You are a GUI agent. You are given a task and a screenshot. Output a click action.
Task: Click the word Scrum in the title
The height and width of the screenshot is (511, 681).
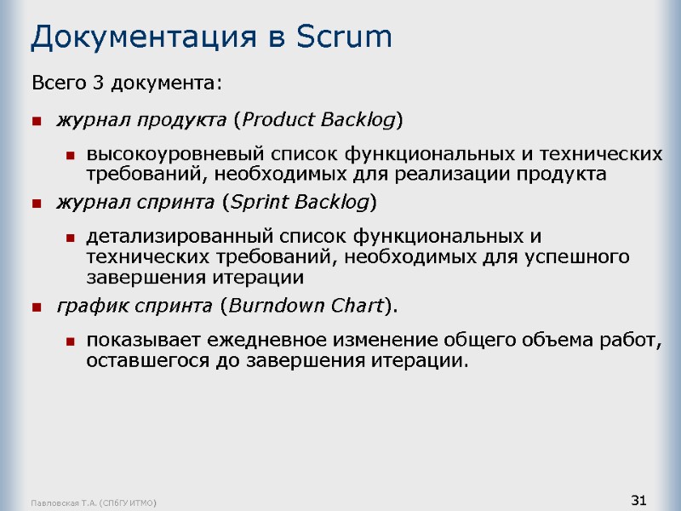pos(346,37)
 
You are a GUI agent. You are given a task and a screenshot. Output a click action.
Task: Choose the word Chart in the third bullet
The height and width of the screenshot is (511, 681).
pos(355,305)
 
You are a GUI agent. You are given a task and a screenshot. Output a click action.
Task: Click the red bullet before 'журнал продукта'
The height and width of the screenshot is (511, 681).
pos(37,121)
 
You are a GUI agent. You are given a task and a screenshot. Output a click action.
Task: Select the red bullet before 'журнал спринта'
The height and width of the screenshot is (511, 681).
pos(37,204)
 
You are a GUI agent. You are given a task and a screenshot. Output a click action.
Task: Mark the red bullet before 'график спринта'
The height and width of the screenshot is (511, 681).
pos(37,306)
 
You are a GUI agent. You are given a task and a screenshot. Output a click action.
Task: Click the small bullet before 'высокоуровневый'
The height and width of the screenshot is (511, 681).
pos(72,156)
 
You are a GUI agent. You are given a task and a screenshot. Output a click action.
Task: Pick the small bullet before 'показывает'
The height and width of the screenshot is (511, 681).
pos(72,341)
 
